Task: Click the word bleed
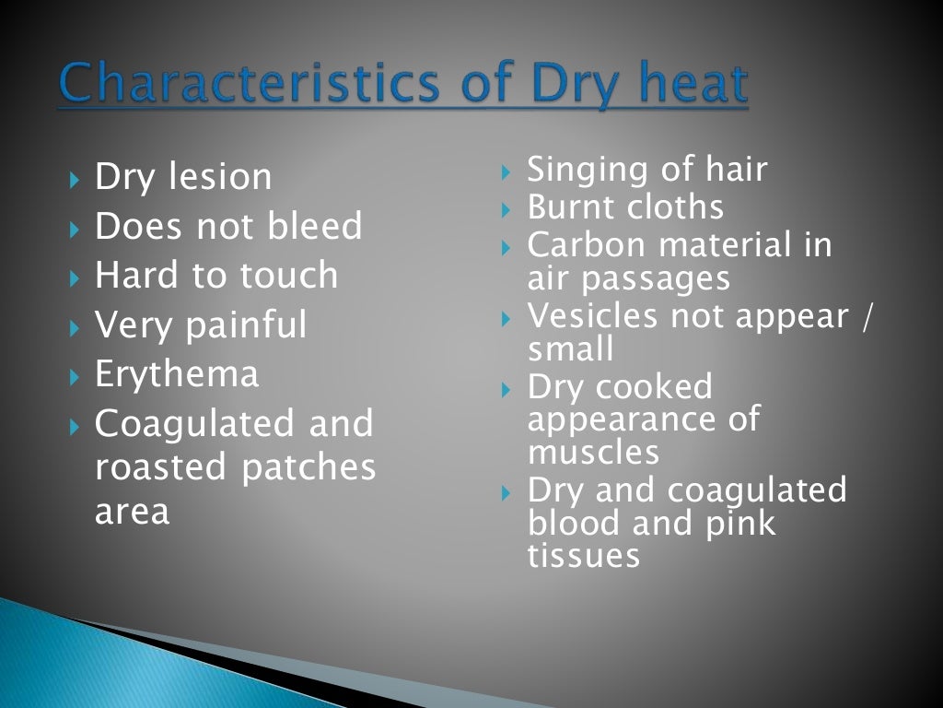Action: coord(319,227)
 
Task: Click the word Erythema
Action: coord(177,374)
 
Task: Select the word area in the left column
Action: coord(132,512)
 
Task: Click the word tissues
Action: coord(583,556)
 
